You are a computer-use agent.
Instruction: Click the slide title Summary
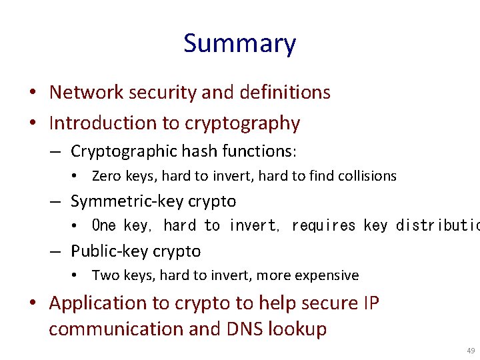[x=239, y=44]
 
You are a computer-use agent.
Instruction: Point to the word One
[x=104, y=226]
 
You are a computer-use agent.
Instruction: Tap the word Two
[x=105, y=275]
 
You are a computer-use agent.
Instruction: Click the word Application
[x=100, y=303]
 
